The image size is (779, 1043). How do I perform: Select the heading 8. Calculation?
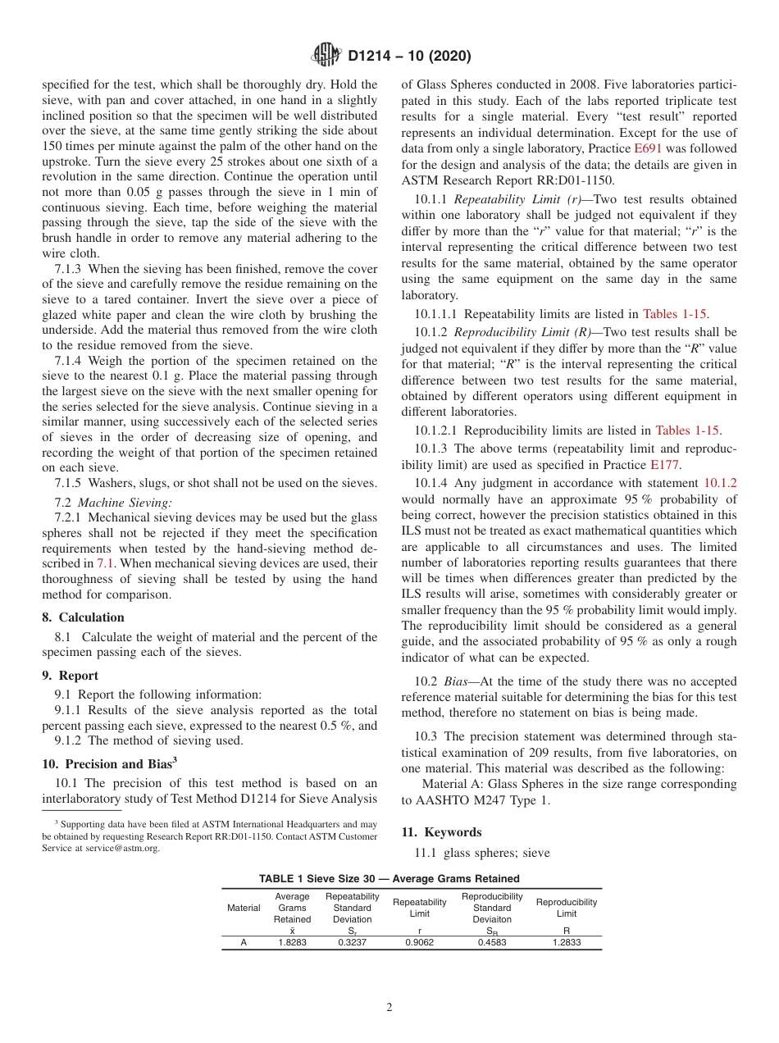(x=83, y=617)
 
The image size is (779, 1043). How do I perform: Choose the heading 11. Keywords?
(x=441, y=831)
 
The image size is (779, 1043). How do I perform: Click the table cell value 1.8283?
(x=292, y=943)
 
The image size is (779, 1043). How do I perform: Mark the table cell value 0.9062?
(x=419, y=943)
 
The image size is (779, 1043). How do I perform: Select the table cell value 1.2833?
(x=566, y=943)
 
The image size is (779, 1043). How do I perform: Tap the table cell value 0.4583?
(x=492, y=943)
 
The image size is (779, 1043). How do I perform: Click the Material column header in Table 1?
(x=244, y=908)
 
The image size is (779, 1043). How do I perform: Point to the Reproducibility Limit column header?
(x=566, y=908)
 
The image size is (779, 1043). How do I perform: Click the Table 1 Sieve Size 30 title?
(x=389, y=878)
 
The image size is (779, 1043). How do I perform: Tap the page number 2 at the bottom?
(x=389, y=1008)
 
